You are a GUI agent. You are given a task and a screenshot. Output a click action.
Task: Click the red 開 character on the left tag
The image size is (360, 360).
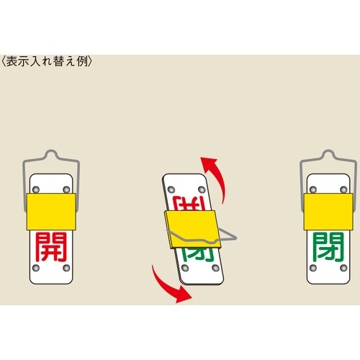[49, 247]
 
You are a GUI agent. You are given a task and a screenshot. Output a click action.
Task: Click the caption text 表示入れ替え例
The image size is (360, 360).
[46, 61]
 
